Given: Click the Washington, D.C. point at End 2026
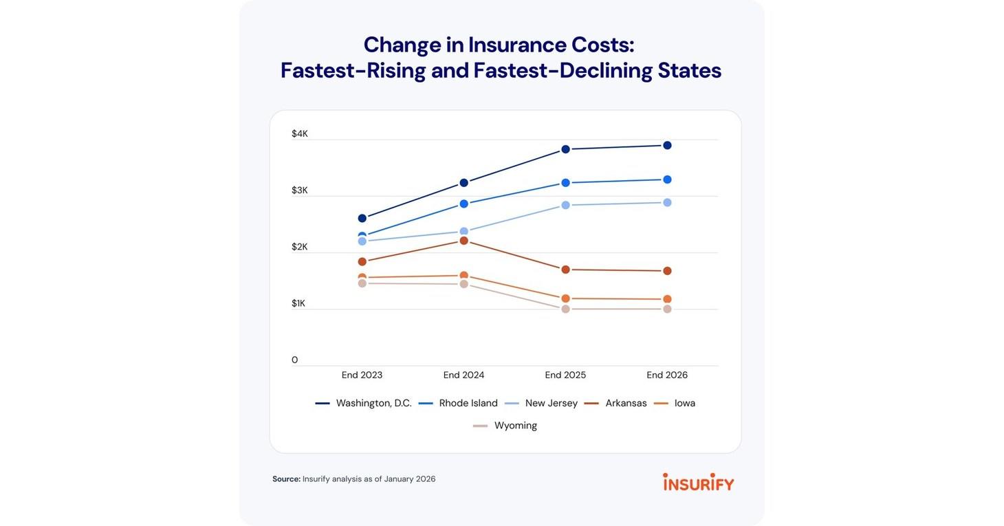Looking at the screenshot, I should point(667,145).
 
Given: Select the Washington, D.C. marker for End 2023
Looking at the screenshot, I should point(362,218).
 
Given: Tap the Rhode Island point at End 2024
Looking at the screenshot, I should point(464,204).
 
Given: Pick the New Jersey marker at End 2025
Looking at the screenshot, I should point(565,205).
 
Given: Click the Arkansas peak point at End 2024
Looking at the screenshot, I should point(464,241).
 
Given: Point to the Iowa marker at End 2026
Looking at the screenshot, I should point(667,299).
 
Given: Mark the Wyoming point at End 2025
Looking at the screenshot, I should point(565,309).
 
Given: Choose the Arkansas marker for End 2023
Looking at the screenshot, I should point(362,261).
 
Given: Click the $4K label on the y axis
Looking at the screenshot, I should point(300,133).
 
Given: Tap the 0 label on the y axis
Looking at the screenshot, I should point(295,360).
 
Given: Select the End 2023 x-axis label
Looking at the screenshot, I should point(362,375).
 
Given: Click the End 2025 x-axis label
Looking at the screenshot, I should point(565,375).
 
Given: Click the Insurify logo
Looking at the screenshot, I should point(698,482).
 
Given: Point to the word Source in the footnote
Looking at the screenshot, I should point(286,479).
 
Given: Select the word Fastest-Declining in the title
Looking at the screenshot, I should point(562,71).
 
